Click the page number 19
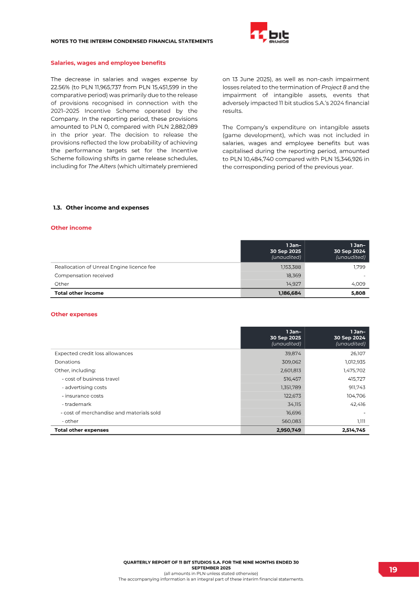point(393,570)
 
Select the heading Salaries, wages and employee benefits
point(108,63)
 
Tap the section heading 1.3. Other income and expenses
point(101,207)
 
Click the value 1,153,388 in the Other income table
point(290,267)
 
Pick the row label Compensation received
point(84,275)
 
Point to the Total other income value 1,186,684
point(289,293)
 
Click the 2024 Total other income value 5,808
point(358,293)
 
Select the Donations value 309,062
point(291,362)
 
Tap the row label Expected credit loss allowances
point(93,353)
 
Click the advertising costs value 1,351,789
point(290,387)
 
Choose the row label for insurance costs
point(82,395)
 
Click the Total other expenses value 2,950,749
point(289,430)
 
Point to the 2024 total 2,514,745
point(353,430)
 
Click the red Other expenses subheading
point(73,314)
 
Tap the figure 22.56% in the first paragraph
point(61,87)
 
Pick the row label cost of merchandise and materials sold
point(111,413)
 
